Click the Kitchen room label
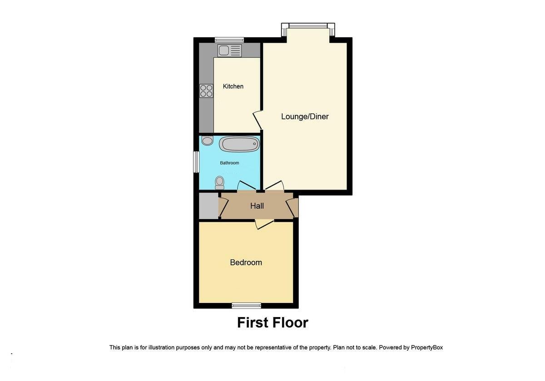pos(233,86)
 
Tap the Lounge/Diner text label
pos(305,117)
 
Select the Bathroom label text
pos(229,163)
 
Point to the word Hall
pos(257,206)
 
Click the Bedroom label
pos(246,263)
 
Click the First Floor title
pos(272,322)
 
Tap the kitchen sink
pos(229,50)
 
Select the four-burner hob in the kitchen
pos(206,91)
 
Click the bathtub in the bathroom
pos(239,145)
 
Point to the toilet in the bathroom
pos(220,182)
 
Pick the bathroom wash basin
pos(207,141)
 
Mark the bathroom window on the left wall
pos(196,162)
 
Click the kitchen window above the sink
pos(229,39)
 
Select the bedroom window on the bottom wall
pos(246,305)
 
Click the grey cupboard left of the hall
pos(208,206)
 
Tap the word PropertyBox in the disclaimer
pos(426,347)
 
